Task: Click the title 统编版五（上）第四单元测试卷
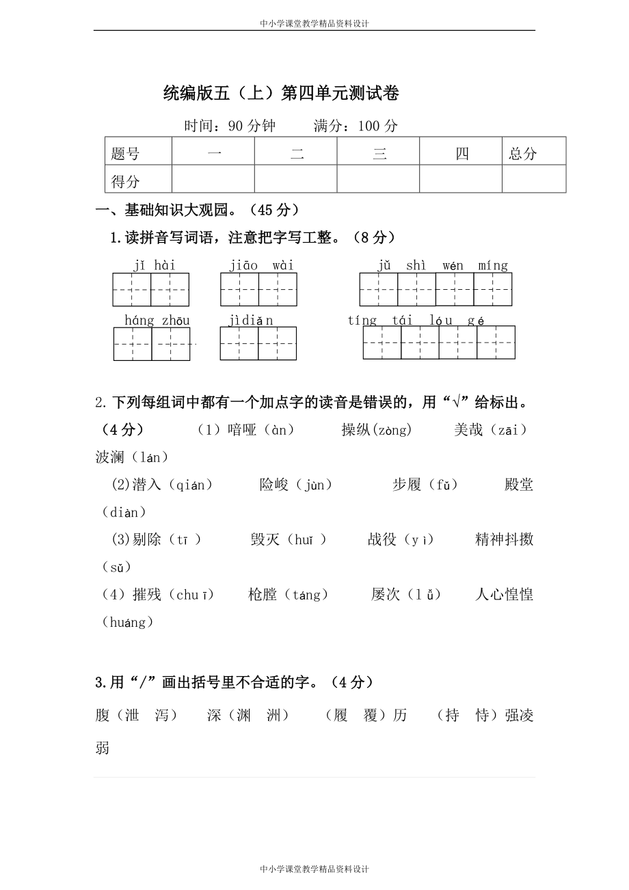click(281, 94)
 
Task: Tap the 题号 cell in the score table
click(125, 154)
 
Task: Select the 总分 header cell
click(523, 154)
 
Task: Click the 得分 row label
click(125, 181)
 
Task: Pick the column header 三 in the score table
click(379, 154)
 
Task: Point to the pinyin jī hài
click(155, 265)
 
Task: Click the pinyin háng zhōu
click(157, 320)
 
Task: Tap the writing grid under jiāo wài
click(258, 289)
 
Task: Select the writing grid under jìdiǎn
click(258, 343)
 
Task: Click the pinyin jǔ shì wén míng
click(442, 265)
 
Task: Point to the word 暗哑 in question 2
click(242, 430)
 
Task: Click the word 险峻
click(274, 485)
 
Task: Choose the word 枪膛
click(263, 594)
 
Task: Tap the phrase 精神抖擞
click(504, 539)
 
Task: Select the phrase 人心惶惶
click(504, 594)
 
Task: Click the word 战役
click(382, 539)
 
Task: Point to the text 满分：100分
click(356, 126)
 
